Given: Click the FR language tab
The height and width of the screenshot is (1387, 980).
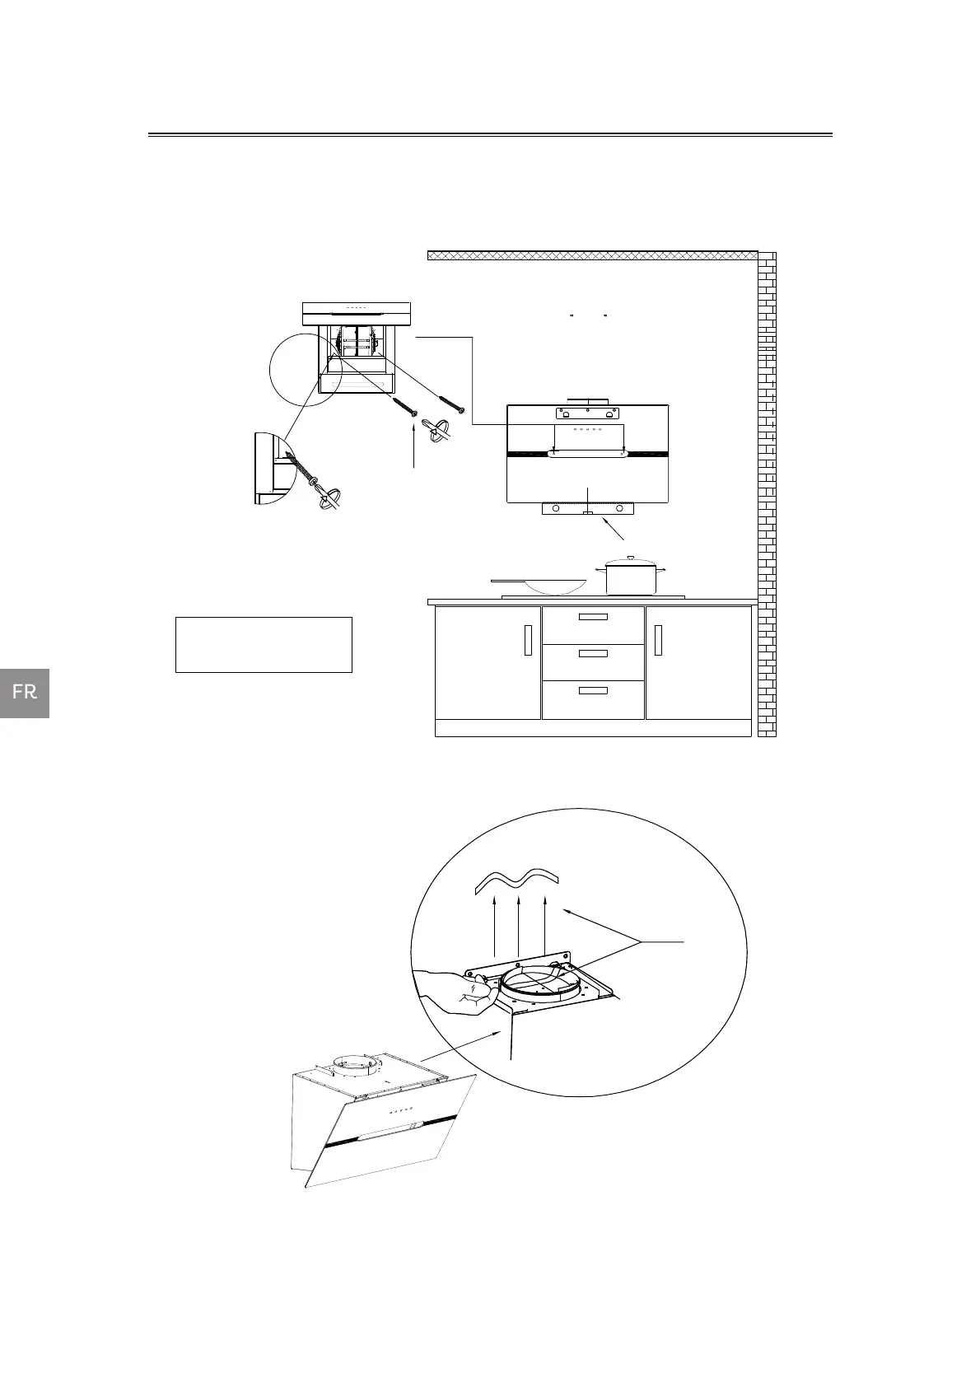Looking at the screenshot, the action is [x=25, y=693].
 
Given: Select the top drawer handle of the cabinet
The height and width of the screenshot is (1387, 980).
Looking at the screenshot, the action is [x=593, y=617].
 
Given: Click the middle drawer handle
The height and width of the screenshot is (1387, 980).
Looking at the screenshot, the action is [x=593, y=653].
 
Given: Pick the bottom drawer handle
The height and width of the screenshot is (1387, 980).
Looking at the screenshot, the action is [x=593, y=690].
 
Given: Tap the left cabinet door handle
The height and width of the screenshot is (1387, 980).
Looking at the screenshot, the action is [x=528, y=640].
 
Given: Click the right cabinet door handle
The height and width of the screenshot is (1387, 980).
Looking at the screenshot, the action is [x=658, y=640].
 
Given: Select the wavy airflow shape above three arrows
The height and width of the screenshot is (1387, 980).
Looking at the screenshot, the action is [x=517, y=880].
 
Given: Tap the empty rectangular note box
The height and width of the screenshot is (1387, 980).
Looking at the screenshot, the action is [x=264, y=645].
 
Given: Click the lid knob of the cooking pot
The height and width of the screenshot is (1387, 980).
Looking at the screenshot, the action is [x=631, y=558].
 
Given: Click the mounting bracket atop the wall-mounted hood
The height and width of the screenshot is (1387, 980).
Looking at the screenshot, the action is [x=586, y=411].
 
